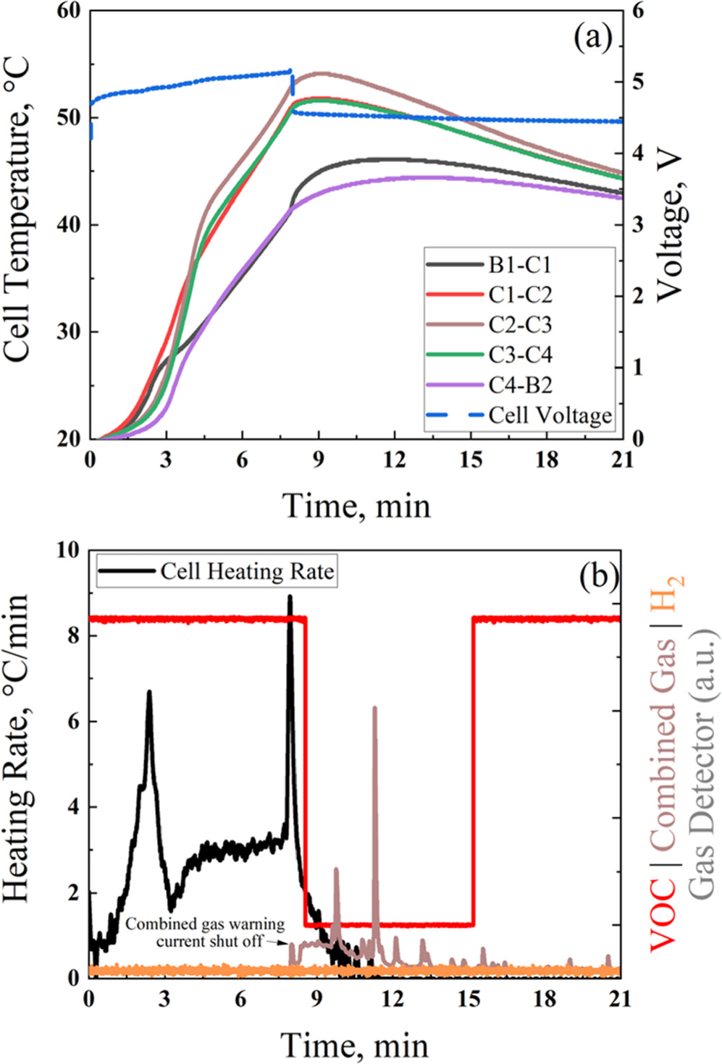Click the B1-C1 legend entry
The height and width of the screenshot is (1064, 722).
(x=519, y=265)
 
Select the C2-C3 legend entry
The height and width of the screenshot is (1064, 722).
(x=519, y=325)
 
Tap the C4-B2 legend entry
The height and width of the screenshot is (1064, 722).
(x=519, y=385)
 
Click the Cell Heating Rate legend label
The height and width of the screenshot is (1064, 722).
(x=247, y=572)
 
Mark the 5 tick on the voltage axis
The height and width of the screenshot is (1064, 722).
(x=637, y=81)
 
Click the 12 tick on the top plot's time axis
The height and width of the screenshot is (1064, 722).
(x=394, y=460)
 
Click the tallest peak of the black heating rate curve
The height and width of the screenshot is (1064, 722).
(x=290, y=598)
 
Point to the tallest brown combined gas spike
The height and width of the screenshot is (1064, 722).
(x=374, y=708)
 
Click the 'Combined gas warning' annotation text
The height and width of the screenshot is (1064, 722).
(x=205, y=924)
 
